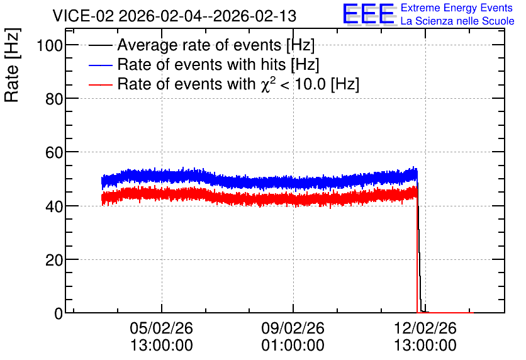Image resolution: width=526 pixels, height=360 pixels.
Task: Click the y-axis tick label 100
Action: (50, 45)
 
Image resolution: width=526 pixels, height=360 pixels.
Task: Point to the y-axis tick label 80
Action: (54, 99)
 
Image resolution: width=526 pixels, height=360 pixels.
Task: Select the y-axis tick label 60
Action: (54, 152)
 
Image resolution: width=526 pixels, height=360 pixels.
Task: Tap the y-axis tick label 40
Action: (54, 206)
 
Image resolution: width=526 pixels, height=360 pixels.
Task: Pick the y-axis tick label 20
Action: (54, 260)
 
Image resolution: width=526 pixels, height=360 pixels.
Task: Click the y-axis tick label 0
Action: (59, 313)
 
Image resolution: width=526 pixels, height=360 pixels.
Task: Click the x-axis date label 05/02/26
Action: (161, 328)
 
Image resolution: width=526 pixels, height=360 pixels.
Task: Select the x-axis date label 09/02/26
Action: (293, 328)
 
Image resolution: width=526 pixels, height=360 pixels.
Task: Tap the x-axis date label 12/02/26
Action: (425, 328)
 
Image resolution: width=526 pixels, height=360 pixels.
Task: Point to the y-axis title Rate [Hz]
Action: (12, 65)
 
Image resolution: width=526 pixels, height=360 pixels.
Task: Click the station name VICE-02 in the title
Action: (84, 16)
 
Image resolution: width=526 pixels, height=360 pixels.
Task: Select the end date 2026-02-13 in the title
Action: (255, 16)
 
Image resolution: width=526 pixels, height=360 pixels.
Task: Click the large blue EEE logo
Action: (369, 14)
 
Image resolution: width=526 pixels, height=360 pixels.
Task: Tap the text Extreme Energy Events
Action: (457, 8)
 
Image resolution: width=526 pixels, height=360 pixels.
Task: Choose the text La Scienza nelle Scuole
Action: (457, 21)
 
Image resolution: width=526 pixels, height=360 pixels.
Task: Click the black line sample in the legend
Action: (100, 45)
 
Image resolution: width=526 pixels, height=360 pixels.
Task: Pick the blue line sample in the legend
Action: (100, 65)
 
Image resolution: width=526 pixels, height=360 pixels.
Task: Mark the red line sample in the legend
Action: (100, 84)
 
